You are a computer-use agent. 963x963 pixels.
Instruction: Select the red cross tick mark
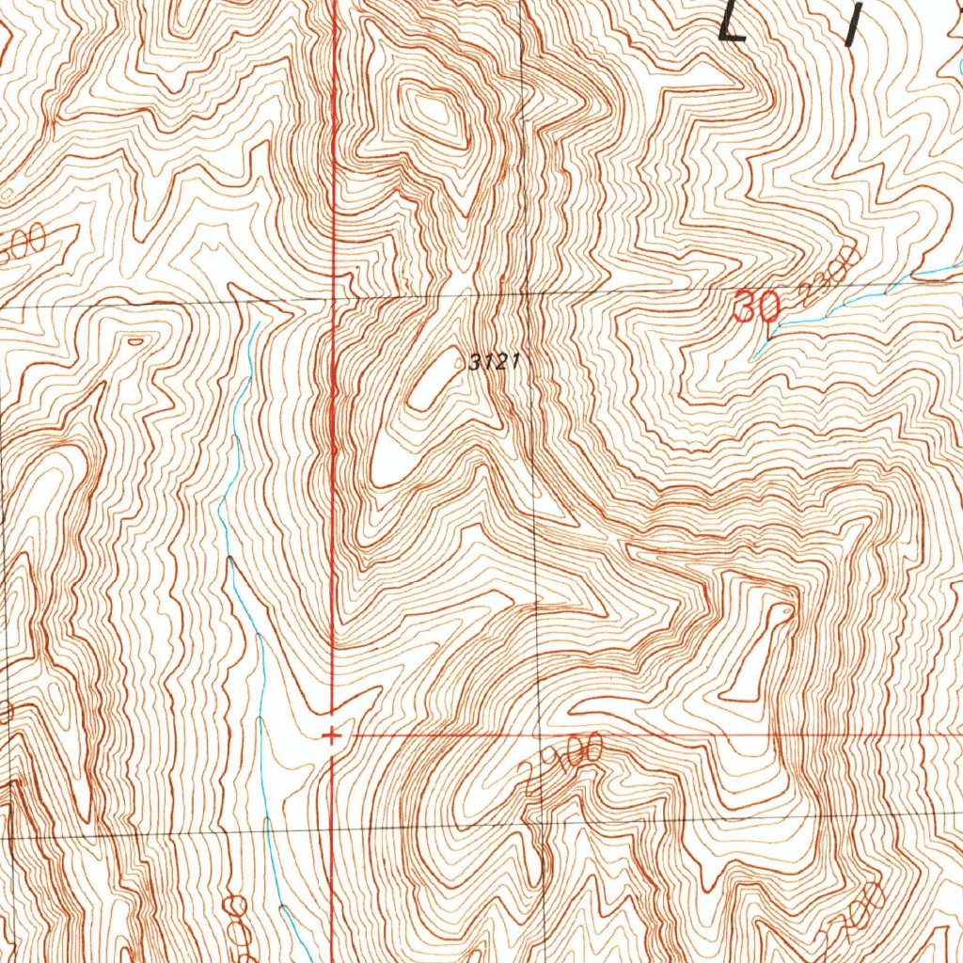click(330, 735)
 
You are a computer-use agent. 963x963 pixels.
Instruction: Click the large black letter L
click(733, 21)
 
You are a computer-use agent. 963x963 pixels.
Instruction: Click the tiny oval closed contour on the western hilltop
click(134, 342)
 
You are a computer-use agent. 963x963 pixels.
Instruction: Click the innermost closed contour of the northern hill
click(434, 113)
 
